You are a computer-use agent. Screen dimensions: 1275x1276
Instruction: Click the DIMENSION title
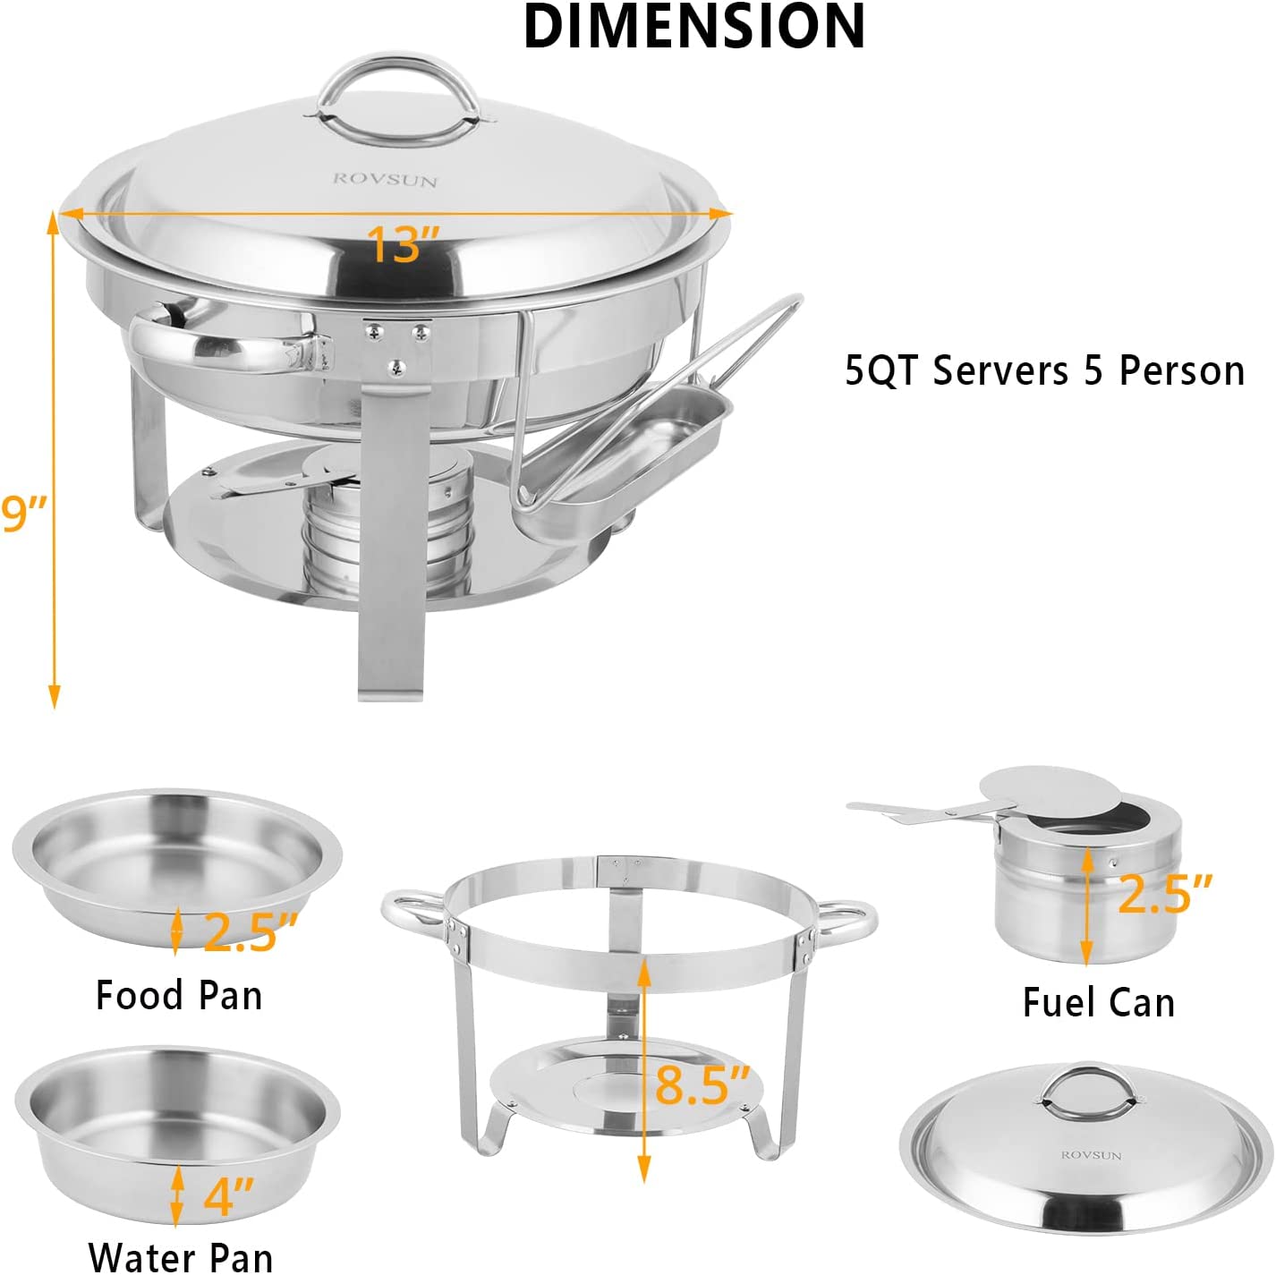tap(693, 26)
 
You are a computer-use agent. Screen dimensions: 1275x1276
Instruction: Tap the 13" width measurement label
tap(404, 244)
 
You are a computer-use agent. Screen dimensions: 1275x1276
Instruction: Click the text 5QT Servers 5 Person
tap(1044, 370)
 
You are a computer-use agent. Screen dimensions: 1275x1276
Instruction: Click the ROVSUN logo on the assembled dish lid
tap(385, 180)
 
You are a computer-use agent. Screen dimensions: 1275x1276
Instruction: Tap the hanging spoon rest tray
tap(626, 447)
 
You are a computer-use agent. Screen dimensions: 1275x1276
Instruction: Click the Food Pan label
tap(179, 996)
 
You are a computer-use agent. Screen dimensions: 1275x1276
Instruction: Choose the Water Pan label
tap(180, 1254)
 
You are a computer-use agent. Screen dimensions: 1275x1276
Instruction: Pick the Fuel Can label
tap(1098, 1002)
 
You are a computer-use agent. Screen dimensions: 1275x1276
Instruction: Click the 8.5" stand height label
tap(702, 1084)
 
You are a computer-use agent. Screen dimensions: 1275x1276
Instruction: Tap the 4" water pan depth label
tap(229, 1196)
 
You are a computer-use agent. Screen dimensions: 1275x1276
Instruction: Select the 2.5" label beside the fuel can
tap(1165, 893)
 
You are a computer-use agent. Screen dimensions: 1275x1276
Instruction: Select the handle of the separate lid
tap(1085, 1091)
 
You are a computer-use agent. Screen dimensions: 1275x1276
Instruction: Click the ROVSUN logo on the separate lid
tap(1091, 1155)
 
